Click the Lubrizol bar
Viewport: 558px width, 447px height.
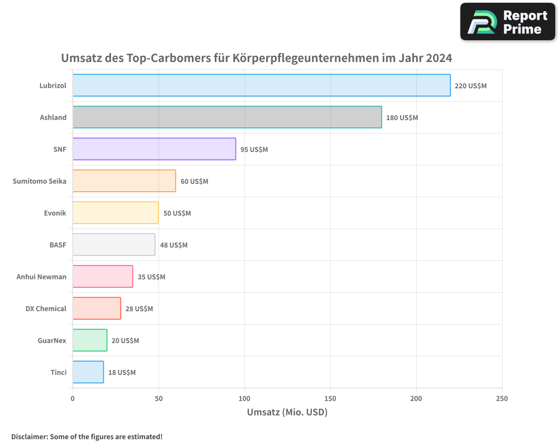pos(261,85)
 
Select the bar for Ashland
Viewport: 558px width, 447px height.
pos(227,117)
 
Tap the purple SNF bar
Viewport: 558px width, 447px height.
pos(154,149)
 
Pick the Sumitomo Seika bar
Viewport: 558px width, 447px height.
pos(124,181)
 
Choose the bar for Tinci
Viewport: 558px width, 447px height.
pos(88,372)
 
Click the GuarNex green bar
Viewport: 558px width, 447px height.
pos(90,340)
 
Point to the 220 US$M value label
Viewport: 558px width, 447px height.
pos(471,86)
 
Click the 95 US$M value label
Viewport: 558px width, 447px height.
pos(254,150)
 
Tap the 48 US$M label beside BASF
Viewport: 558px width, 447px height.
pos(174,245)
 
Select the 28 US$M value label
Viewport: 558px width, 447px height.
pos(139,309)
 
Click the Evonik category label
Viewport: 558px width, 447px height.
pos(55,213)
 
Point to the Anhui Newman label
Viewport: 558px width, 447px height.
pos(41,277)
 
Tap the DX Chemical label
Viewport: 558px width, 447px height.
pos(46,308)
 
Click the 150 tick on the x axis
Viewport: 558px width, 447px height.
pos(330,398)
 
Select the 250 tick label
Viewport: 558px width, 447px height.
pos(502,398)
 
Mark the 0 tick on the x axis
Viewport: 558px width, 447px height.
pos(73,398)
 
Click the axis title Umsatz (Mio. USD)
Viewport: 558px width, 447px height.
pos(287,412)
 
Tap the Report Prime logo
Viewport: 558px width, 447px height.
pos(508,22)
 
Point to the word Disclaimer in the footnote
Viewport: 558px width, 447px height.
pos(29,436)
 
